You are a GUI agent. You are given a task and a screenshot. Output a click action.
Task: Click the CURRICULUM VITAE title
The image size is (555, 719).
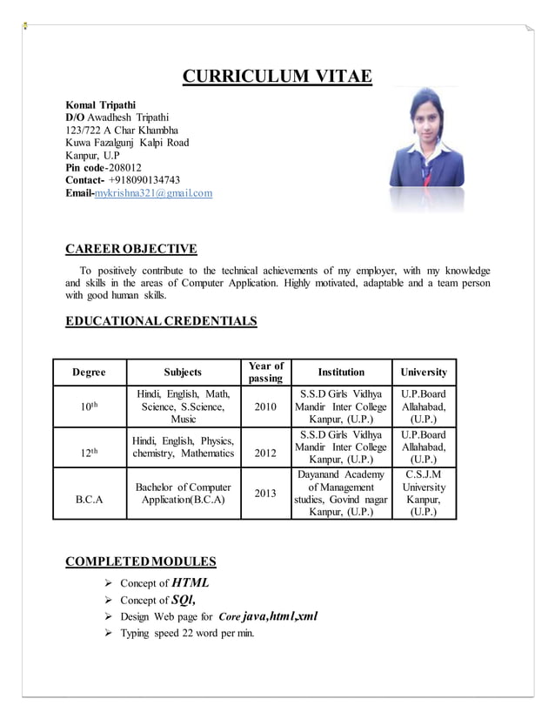coord(277,78)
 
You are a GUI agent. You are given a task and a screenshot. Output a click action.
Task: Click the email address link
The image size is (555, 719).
coord(152,193)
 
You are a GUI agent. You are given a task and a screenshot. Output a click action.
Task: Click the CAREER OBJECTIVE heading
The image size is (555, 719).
coord(131,249)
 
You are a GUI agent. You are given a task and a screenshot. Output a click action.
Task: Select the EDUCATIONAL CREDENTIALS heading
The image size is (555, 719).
coord(162,321)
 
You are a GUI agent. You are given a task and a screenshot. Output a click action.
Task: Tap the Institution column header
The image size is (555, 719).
coord(341,372)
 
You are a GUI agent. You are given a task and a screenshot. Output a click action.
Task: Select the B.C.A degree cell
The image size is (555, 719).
coord(90,501)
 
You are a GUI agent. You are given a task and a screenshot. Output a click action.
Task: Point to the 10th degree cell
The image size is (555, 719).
coord(90,407)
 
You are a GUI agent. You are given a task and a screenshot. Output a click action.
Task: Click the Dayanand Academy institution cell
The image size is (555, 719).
coord(341,494)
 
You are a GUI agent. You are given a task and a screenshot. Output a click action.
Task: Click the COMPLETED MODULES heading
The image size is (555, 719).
coord(141,561)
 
